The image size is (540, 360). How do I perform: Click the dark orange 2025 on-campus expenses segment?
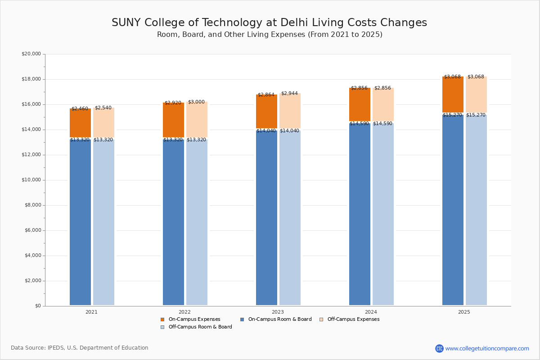pos(453,96)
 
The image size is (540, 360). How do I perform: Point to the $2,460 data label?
pos(80,109)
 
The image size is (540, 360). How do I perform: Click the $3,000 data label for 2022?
pos(196,102)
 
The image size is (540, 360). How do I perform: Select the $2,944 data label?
pos(289,94)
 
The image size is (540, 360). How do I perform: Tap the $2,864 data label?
pos(266,95)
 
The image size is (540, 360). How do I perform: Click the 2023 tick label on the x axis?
pos(278,312)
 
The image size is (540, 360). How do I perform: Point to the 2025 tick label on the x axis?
pos(464,312)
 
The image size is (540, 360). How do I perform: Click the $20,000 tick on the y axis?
pos(31,54)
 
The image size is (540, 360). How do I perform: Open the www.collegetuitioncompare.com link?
pos(486,348)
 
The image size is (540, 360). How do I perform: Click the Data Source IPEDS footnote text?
pos(80,348)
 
